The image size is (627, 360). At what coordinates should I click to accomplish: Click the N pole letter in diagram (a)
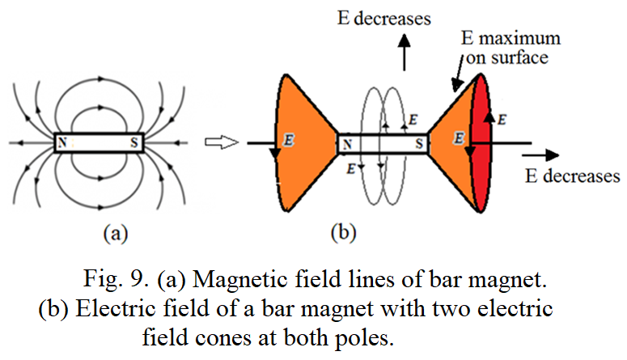tap(61, 143)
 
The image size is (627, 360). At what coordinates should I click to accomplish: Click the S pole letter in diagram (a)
tap(132, 143)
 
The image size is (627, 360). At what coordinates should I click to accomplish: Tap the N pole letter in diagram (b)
tap(346, 144)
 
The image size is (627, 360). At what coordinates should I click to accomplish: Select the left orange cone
tap(303, 146)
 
